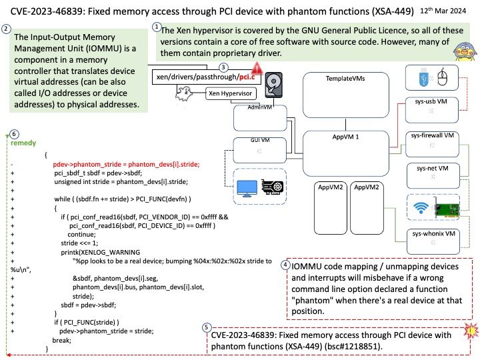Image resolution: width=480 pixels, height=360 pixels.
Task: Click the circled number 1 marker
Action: pos(157,27)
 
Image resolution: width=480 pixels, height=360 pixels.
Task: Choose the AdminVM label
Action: pos(248,107)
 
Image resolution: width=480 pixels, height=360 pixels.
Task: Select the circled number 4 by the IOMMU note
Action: pos(285,265)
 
